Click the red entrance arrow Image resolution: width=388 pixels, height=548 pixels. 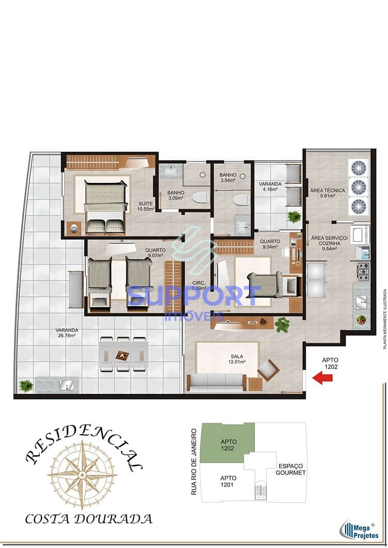pyautogui.click(x=322, y=378)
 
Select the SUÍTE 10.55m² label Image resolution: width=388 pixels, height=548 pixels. pyautogui.click(x=146, y=206)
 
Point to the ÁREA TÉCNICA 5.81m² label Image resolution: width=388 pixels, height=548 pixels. pyautogui.click(x=328, y=193)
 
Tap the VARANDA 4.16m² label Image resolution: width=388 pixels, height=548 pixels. pyautogui.click(x=270, y=187)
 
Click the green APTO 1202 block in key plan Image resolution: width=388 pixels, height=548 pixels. pyautogui.click(x=228, y=442)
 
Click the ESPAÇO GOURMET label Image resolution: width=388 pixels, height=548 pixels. pyautogui.click(x=290, y=469)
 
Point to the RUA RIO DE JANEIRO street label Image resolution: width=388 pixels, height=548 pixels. pyautogui.click(x=194, y=461)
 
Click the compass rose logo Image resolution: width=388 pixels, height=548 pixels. pyautogui.click(x=82, y=473)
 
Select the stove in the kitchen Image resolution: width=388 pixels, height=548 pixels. pyautogui.click(x=364, y=271)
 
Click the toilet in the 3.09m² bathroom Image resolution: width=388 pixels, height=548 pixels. pyautogui.click(x=200, y=197)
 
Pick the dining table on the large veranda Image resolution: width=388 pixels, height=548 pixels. pyautogui.click(x=123, y=354)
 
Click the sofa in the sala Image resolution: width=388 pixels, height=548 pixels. pyautogui.click(x=216, y=382)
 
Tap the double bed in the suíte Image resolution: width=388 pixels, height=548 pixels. pyautogui.click(x=105, y=205)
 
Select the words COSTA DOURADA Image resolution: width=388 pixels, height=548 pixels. pyautogui.click(x=89, y=518)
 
